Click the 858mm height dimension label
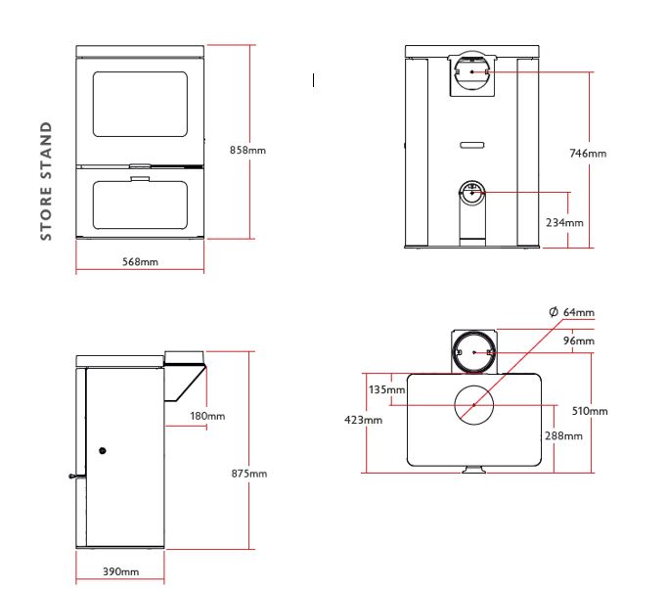click(x=247, y=151)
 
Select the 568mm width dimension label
click(x=141, y=262)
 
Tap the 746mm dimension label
click(x=588, y=154)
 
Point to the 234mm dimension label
click(x=564, y=223)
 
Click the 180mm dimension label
click(x=207, y=416)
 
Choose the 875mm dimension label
click(x=249, y=474)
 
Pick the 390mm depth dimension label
click(x=121, y=571)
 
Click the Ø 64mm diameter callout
click(x=572, y=312)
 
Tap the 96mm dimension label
click(x=579, y=340)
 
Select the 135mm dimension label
click(x=386, y=389)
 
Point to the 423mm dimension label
click(x=363, y=420)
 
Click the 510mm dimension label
click(x=590, y=411)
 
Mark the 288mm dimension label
click(x=563, y=436)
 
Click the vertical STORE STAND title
click(x=46, y=181)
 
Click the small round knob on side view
click(x=102, y=450)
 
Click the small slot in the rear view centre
click(x=472, y=145)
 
